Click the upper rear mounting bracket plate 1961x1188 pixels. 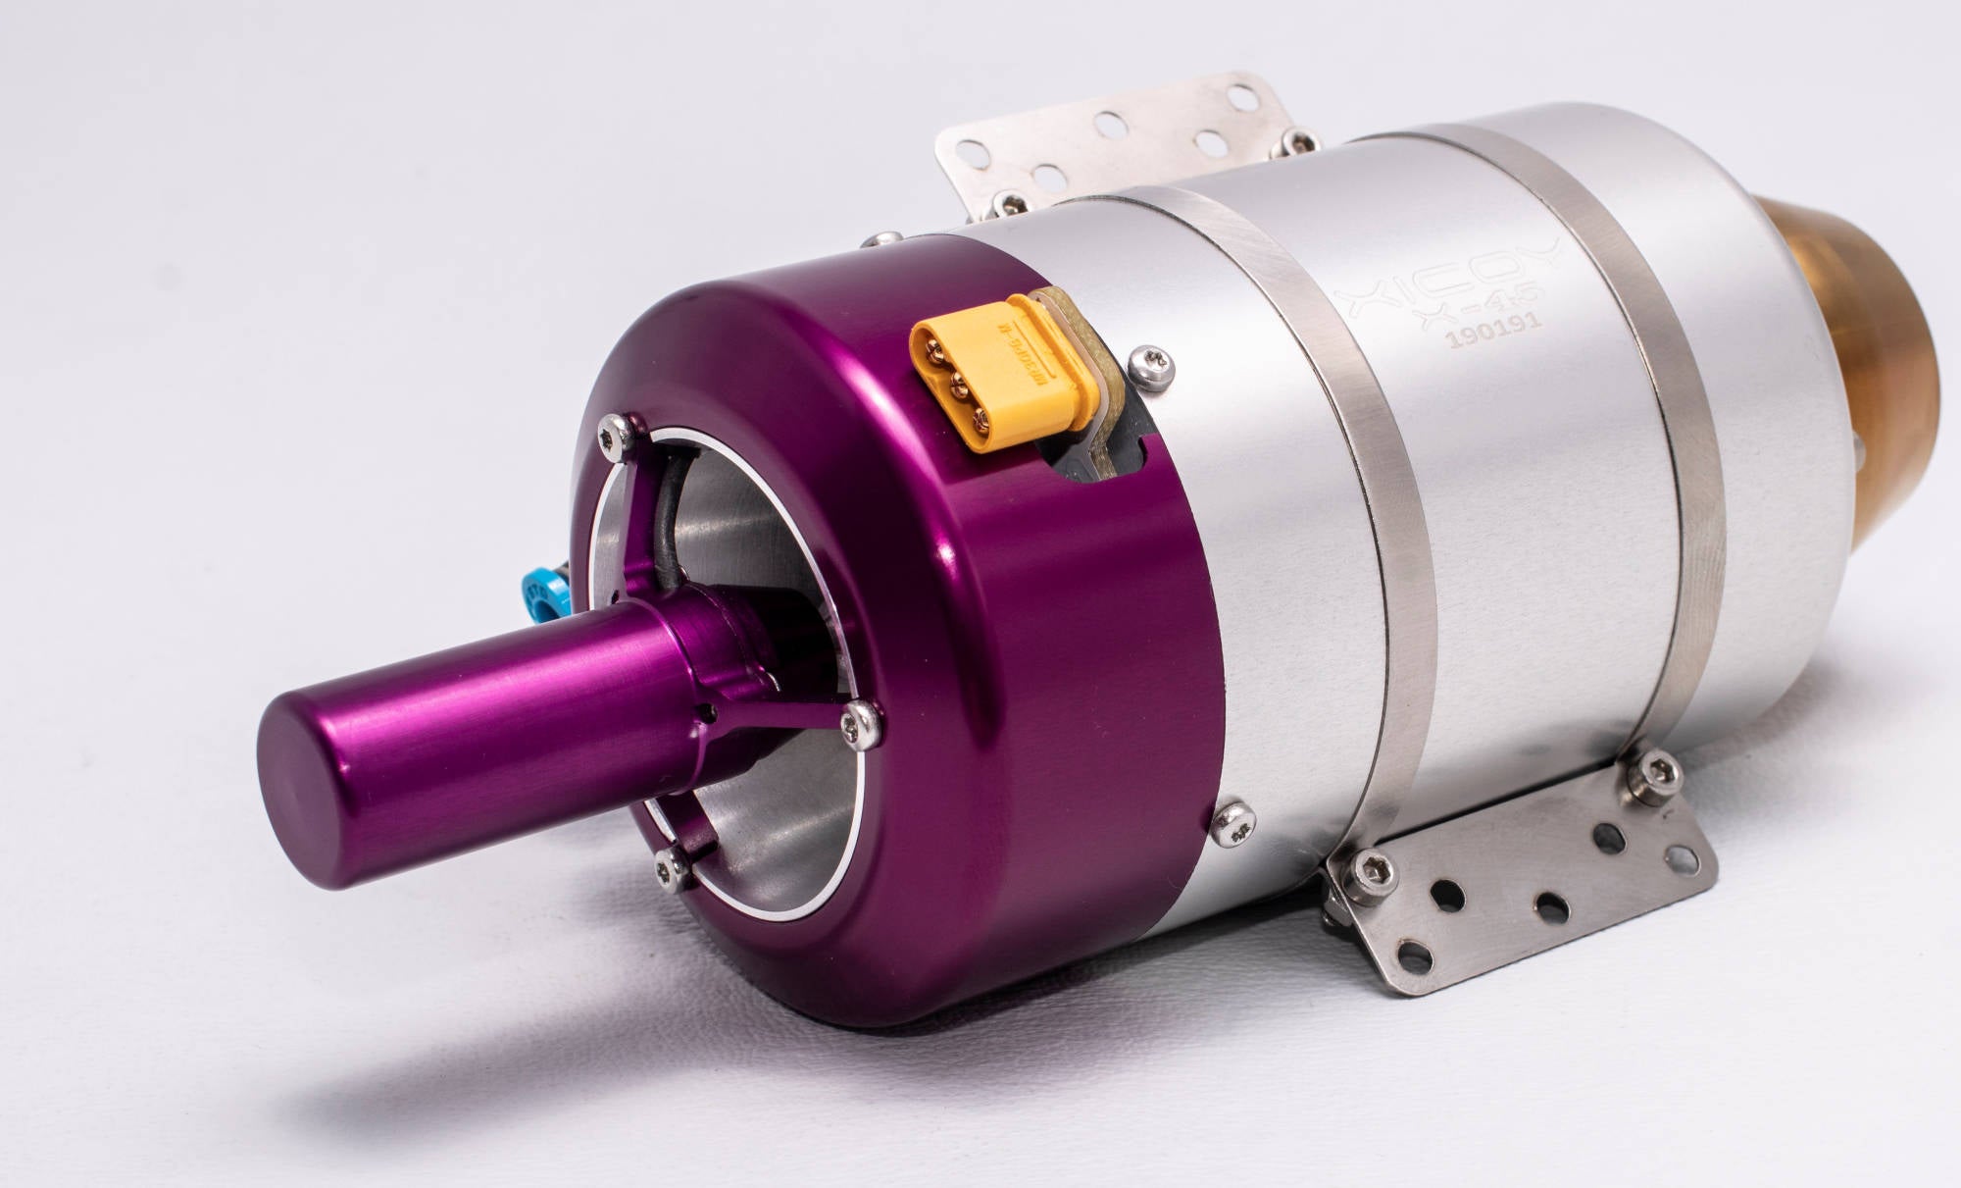[1108, 142]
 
